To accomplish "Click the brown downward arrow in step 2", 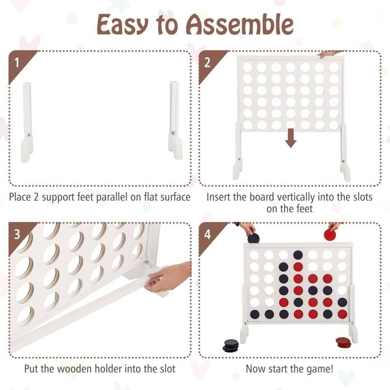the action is click(290, 138).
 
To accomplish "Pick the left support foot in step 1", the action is click(27, 122).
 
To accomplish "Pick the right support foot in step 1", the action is click(175, 120).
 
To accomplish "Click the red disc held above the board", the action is click(330, 235).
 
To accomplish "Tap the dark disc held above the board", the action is click(253, 238).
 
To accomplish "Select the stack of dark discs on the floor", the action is click(231, 345).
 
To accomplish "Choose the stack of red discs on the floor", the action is click(344, 342).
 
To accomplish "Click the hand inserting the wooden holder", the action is click(168, 276).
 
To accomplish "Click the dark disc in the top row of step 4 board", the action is click(298, 255).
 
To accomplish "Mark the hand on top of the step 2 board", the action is click(330, 53).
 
